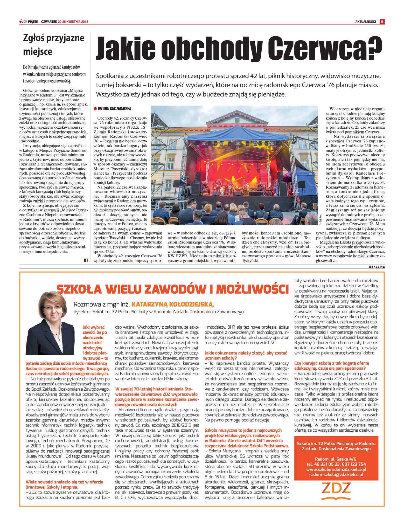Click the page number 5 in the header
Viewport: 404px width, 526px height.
(382, 22)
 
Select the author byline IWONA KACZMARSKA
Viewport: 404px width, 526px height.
(115, 109)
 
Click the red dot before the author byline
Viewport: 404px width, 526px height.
(95, 109)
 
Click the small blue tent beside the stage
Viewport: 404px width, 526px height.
(298, 176)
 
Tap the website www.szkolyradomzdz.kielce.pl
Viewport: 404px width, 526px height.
(336, 469)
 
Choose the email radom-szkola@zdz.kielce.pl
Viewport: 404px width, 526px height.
(336, 475)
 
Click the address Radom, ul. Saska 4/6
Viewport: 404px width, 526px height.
(336, 459)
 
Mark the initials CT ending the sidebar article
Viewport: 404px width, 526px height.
(86, 260)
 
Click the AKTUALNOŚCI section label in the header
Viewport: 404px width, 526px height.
(365, 22)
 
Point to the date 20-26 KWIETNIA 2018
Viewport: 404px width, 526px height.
(73, 22)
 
